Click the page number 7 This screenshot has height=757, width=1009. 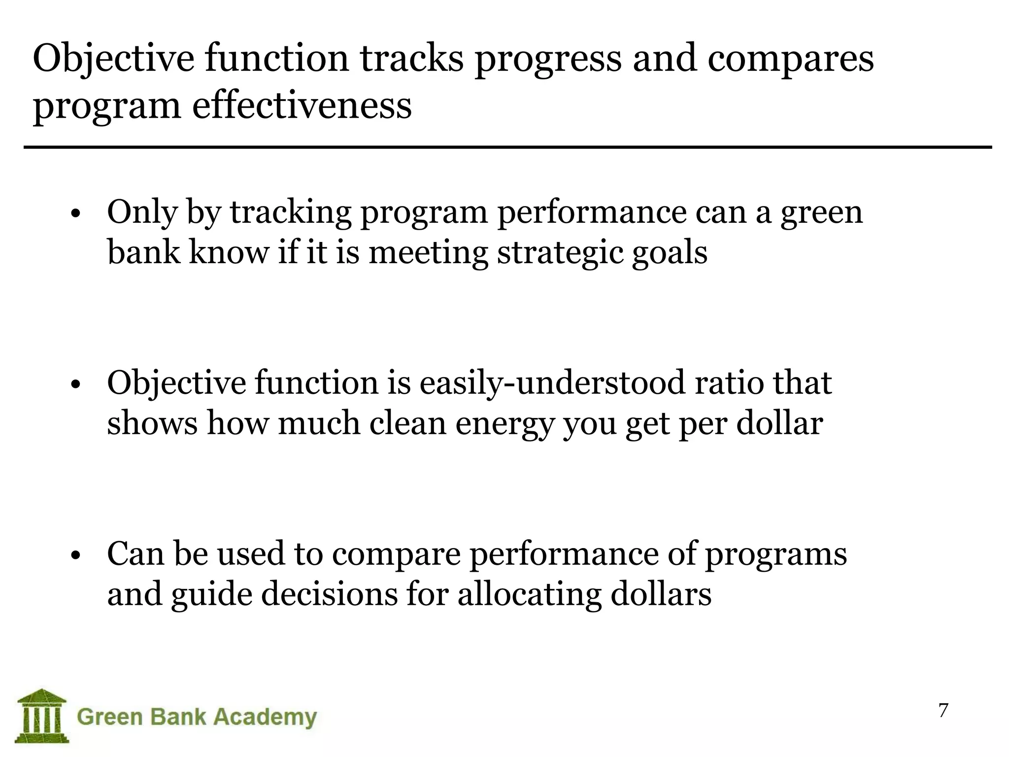coord(943,711)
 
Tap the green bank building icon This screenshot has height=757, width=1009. coord(41,715)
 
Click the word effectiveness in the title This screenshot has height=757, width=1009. coord(302,106)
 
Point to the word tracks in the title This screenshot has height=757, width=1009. coord(411,58)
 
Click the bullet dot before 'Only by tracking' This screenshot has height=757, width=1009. coord(75,215)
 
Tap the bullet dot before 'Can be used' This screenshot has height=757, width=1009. coord(75,556)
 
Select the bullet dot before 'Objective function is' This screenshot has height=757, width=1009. coord(75,385)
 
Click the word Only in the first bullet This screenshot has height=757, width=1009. coord(142,212)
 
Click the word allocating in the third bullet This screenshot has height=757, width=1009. coord(529,595)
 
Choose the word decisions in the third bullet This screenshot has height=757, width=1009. coord(329,594)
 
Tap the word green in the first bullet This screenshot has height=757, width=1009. coord(821,213)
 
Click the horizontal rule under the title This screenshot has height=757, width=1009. coord(507,147)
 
